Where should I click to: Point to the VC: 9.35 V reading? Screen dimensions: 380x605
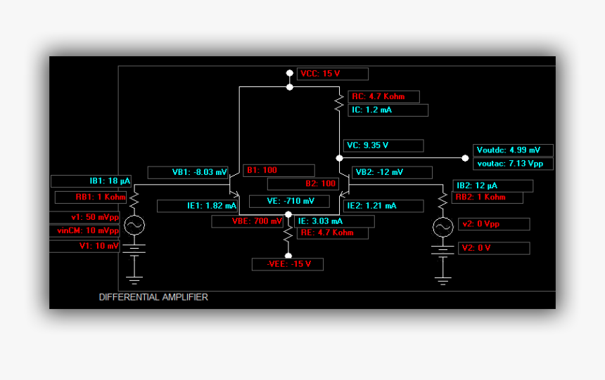coord(383,145)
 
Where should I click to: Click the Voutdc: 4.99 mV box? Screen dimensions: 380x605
coord(513,150)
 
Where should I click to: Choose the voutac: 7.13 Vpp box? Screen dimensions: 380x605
coord(513,164)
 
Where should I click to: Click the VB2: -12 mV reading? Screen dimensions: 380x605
coord(392,172)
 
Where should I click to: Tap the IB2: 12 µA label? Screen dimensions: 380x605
coord(493,185)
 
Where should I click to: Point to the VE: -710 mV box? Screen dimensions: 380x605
coord(288,202)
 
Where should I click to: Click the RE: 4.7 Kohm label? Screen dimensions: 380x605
coord(331,232)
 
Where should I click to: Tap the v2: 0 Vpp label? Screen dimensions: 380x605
coord(493,224)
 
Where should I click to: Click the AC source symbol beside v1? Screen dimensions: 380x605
coord(134,225)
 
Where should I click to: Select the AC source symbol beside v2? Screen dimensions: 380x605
coord(442,227)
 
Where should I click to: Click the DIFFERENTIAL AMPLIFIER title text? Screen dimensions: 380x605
coord(153,297)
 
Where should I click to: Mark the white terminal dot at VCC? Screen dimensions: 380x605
coord(289,72)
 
